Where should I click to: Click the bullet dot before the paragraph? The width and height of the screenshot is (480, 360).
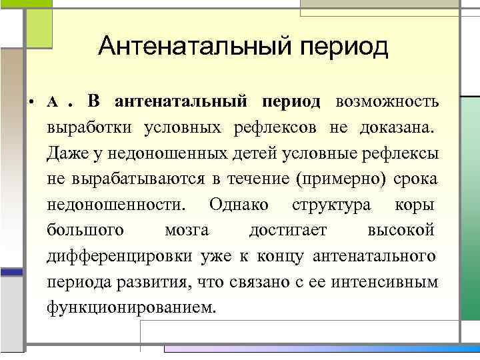31,103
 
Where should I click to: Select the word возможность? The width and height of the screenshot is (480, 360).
387,102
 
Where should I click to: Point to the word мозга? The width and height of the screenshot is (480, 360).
186,230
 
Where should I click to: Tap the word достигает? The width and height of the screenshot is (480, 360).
288,230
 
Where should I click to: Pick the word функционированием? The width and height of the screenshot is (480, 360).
132,307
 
